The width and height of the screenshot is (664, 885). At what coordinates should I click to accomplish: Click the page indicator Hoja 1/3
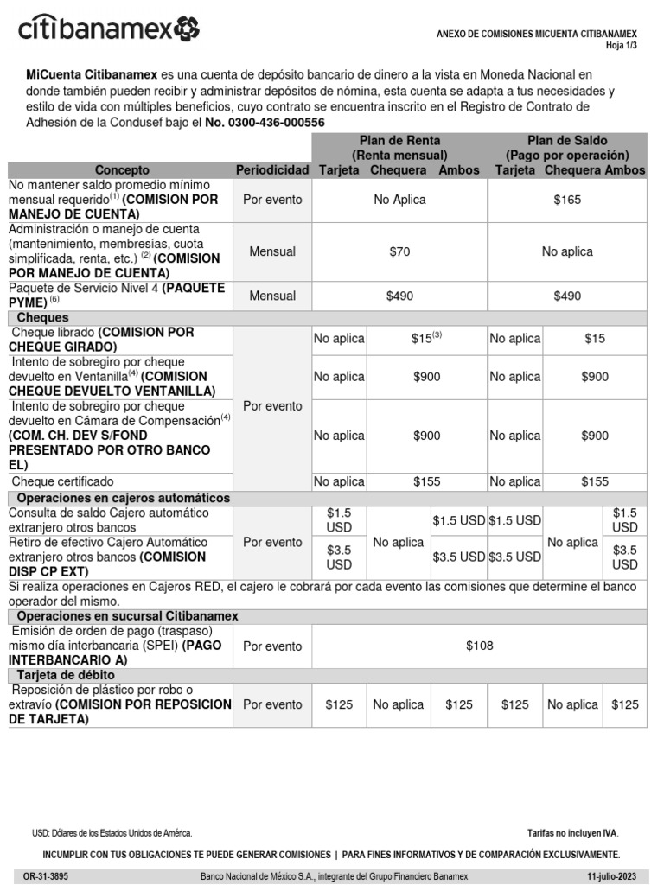point(621,46)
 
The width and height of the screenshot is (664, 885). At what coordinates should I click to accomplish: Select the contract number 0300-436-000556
point(265,123)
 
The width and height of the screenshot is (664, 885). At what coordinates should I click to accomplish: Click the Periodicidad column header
point(272,170)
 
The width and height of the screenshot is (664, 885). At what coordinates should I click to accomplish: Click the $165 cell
point(567,200)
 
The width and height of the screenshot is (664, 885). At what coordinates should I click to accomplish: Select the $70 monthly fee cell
point(399,251)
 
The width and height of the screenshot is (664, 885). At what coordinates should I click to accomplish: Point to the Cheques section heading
point(49,318)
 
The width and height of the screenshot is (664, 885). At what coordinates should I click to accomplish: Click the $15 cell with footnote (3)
point(425,339)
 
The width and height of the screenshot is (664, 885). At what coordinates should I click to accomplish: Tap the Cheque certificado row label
point(74,481)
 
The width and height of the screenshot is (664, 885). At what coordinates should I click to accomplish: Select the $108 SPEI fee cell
point(478,646)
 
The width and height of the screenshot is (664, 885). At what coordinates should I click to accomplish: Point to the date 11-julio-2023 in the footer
point(611,875)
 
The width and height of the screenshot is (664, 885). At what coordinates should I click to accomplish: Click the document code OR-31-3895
point(46,875)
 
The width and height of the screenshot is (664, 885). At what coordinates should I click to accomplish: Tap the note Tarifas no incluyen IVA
point(572,833)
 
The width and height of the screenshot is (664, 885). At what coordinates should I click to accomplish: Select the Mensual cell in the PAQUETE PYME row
point(272,296)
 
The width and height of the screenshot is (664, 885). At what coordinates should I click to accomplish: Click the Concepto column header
point(122,170)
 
